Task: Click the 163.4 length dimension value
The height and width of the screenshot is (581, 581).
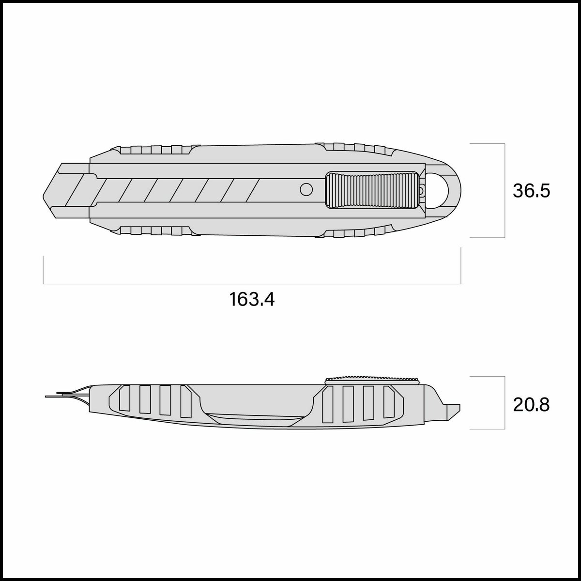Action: pyautogui.click(x=252, y=299)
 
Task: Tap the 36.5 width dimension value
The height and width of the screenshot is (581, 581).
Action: pyautogui.click(x=531, y=191)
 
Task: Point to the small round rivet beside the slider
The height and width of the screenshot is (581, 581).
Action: pyautogui.click(x=306, y=189)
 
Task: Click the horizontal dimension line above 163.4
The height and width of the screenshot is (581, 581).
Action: pyautogui.click(x=252, y=284)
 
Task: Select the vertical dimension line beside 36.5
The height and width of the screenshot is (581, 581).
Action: pyautogui.click(x=505, y=191)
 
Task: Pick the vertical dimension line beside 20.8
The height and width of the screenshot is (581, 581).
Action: pyautogui.click(x=505, y=402)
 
